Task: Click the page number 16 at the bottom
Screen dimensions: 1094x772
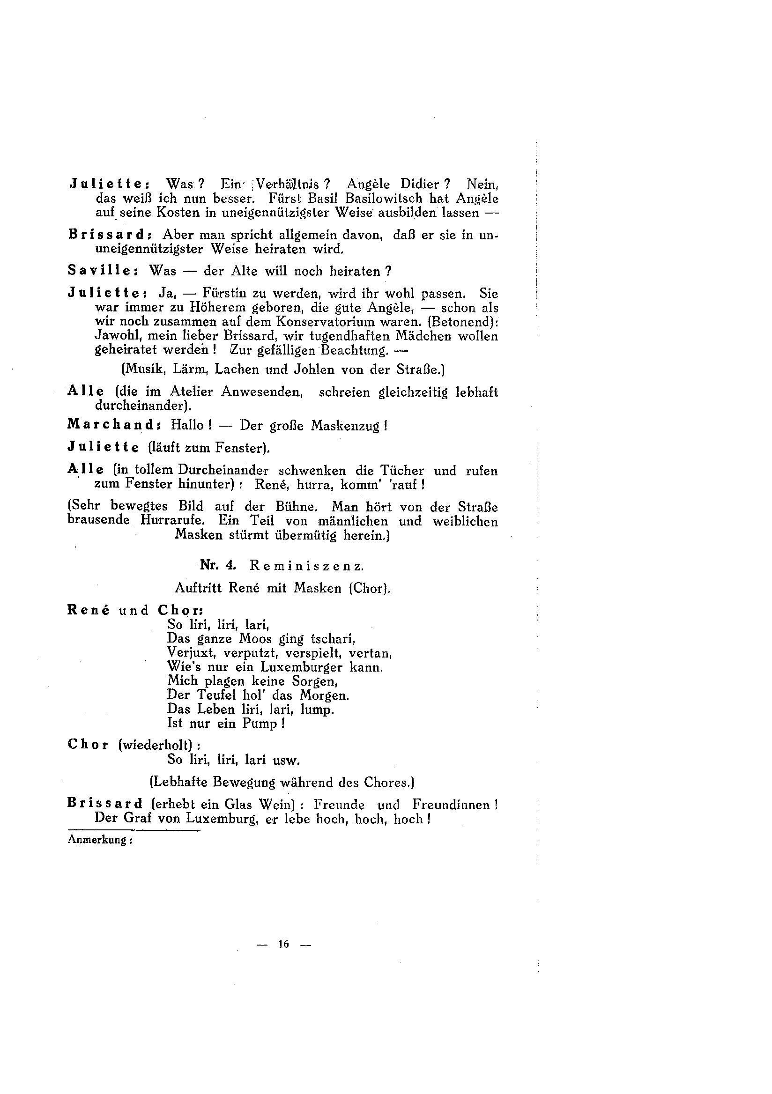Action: click(283, 944)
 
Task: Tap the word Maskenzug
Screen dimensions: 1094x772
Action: click(346, 425)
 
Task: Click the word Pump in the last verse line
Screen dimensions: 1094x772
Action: click(259, 723)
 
